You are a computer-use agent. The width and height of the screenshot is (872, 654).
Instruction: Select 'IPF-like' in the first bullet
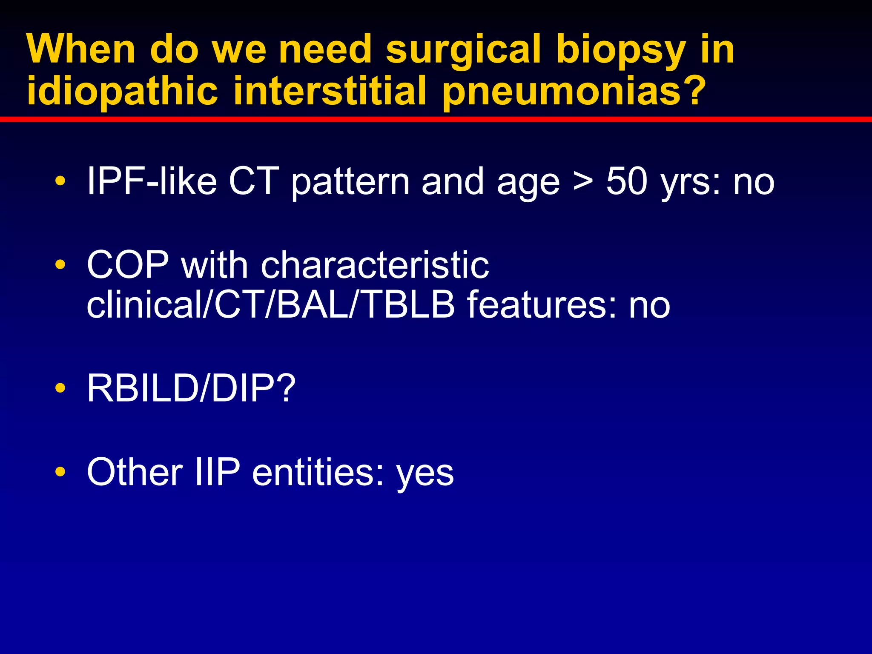tap(152, 182)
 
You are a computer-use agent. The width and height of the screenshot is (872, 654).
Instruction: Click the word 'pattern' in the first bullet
tap(350, 182)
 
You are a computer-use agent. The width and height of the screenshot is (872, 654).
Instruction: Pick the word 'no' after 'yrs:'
tap(754, 182)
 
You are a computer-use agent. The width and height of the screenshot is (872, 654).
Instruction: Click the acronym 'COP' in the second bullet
tap(128, 265)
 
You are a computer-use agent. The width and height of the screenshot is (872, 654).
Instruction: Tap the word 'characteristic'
tap(375, 265)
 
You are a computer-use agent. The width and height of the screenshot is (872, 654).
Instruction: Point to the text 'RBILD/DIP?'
tap(191, 388)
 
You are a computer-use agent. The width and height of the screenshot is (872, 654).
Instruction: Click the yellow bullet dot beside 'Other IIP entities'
tap(60, 472)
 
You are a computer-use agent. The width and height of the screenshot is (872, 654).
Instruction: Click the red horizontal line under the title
tap(436, 119)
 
